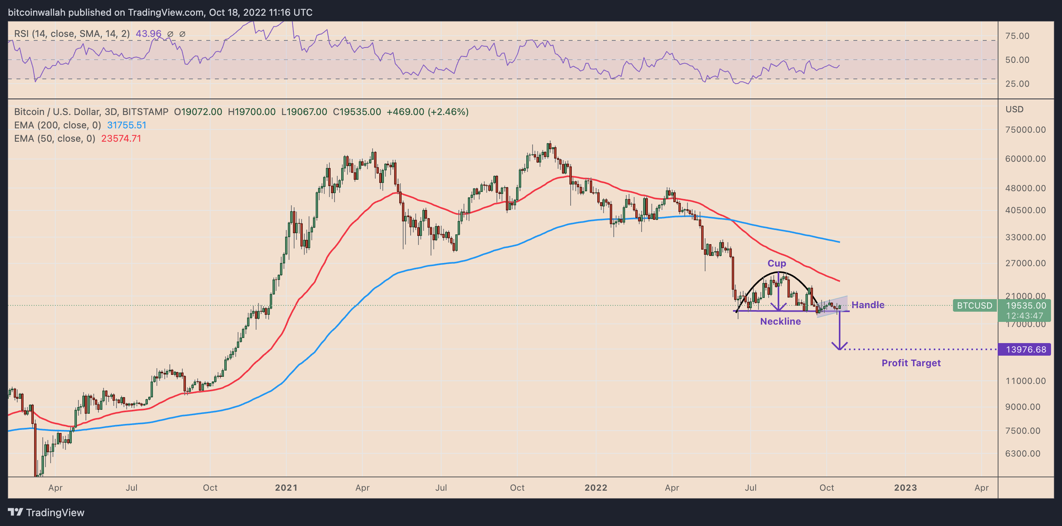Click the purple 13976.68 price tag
tap(1025, 349)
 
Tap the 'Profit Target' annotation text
tap(911, 363)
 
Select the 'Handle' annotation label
tap(868, 305)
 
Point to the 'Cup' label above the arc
tap(776, 263)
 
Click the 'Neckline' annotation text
tap(780, 321)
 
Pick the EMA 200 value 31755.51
tap(127, 125)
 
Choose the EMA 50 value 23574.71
tap(121, 139)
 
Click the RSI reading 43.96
tap(148, 34)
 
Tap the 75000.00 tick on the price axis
tap(1025, 130)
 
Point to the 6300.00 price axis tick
tap(1022, 454)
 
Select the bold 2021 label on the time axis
tap(286, 488)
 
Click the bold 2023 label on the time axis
tap(906, 488)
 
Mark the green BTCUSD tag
tap(974, 306)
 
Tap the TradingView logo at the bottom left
tap(46, 512)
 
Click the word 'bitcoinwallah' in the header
tap(37, 13)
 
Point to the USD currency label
tap(1014, 110)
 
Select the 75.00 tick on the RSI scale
tap(1017, 36)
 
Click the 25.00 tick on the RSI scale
tap(1017, 84)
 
